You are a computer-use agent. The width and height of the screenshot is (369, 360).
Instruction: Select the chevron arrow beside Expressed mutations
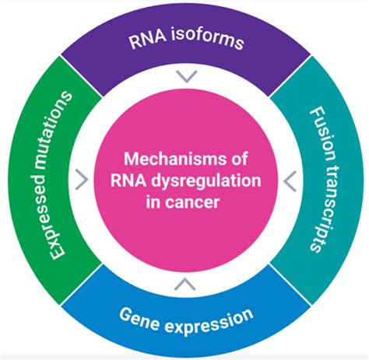coord(82,181)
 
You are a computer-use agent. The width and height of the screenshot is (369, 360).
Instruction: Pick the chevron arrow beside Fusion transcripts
coord(288,181)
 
